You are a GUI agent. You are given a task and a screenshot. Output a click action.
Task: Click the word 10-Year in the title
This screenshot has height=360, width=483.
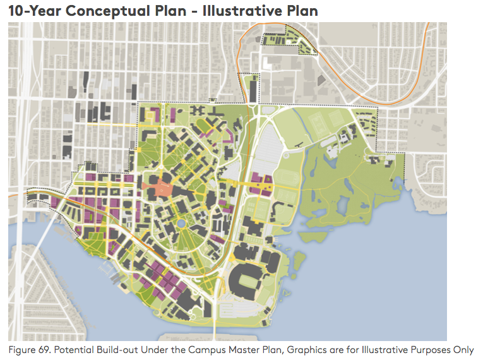[x=32, y=11]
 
